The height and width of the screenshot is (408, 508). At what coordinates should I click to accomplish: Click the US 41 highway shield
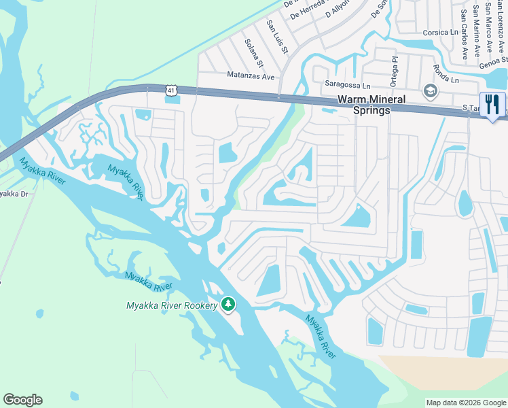[172, 90]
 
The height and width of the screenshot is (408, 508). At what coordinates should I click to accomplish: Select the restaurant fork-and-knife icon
[492, 104]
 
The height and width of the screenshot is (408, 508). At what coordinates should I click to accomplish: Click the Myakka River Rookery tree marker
[228, 304]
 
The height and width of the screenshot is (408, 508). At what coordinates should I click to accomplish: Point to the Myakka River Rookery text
[172, 305]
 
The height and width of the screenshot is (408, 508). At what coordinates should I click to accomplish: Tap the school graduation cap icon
[430, 91]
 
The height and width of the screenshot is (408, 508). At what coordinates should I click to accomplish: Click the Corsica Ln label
[440, 32]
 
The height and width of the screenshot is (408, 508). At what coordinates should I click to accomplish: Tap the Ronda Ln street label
[446, 74]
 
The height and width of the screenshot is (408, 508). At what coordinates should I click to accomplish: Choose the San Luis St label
[277, 36]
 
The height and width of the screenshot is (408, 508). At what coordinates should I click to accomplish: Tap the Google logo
[23, 400]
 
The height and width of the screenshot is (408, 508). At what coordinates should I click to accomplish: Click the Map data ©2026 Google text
[466, 403]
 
